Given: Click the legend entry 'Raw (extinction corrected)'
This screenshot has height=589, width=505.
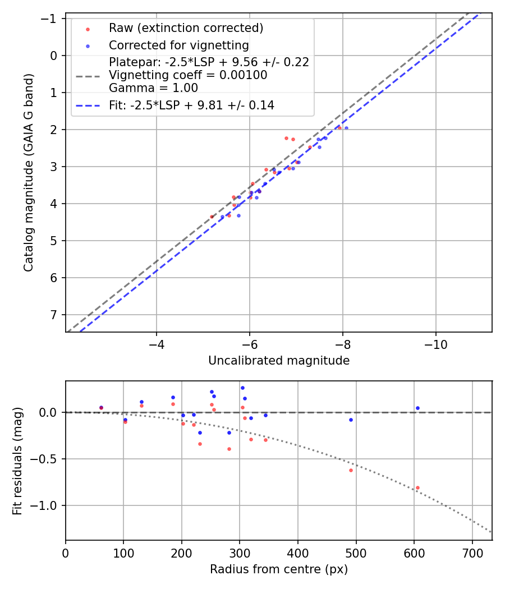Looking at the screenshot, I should [x=186, y=28].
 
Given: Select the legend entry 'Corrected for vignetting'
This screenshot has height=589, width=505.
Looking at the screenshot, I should [x=178, y=45].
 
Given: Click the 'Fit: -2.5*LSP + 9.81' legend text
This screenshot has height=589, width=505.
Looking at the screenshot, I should [x=191, y=105].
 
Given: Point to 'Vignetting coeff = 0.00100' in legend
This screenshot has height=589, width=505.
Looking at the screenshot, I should [x=188, y=75].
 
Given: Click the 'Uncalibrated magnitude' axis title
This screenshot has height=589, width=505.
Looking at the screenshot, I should [x=279, y=361].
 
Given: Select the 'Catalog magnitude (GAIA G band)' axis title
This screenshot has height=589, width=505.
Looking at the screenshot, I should [x=29, y=173].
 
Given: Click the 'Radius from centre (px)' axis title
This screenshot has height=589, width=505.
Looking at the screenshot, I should [x=279, y=569].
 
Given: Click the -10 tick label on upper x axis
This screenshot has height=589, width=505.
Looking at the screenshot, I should [x=436, y=344].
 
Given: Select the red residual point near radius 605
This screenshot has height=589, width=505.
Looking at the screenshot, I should [x=417, y=487].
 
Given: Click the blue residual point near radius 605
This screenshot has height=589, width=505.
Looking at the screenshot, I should [x=417, y=408].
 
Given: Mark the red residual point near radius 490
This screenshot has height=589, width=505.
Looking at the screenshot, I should [x=351, y=470].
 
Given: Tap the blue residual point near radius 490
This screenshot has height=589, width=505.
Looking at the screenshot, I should [x=351, y=420].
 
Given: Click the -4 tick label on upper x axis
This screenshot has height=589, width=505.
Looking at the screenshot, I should [x=157, y=344].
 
